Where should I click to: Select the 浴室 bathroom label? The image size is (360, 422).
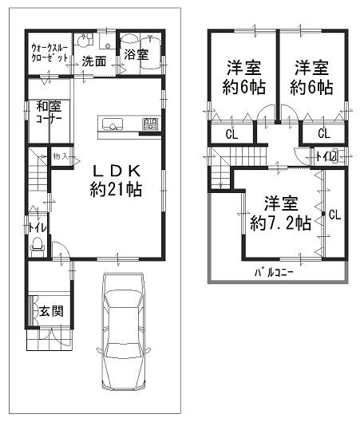pyautogui.click(x=136, y=55)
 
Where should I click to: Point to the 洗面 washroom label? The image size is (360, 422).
pyautogui.click(x=95, y=60)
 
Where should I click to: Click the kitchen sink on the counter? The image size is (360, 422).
pyautogui.click(x=111, y=124)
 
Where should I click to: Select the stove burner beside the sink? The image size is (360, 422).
pyautogui.click(x=149, y=124)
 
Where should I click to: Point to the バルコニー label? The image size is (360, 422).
pyautogui.click(x=274, y=272)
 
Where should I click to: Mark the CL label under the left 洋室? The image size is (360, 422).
pyautogui.click(x=231, y=133)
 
